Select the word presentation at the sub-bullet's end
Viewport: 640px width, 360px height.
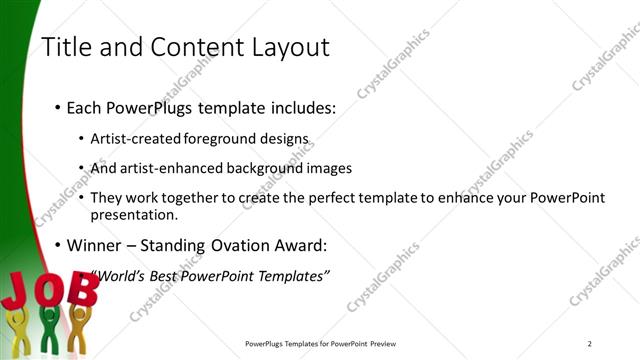pos(133,213)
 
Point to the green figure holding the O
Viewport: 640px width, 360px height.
pos(48,330)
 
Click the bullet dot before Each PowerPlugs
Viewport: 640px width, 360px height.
pos(58,108)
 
